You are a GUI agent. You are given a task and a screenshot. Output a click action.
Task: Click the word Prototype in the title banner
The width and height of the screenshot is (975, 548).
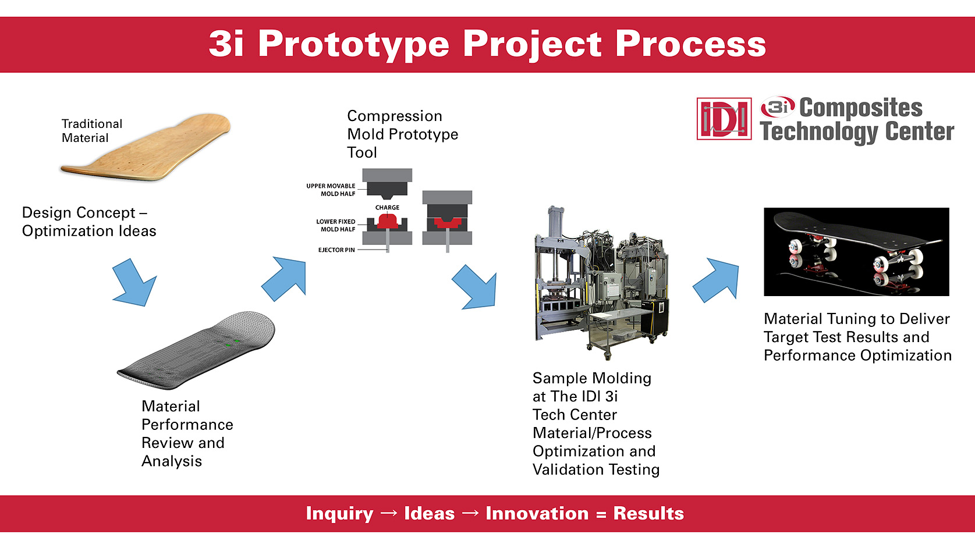(x=353, y=44)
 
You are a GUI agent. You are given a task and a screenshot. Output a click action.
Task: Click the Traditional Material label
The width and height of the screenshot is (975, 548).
(x=91, y=131)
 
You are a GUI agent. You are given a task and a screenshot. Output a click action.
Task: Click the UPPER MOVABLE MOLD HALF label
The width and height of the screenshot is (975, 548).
(x=331, y=190)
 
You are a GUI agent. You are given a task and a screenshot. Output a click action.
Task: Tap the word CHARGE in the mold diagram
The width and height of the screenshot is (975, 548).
(x=387, y=207)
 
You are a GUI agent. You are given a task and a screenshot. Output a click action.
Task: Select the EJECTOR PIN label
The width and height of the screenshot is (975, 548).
(x=336, y=250)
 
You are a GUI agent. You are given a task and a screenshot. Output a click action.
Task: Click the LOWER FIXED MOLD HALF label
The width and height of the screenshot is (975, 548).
(x=335, y=225)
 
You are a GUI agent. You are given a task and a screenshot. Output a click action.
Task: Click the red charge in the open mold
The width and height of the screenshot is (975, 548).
(x=387, y=220)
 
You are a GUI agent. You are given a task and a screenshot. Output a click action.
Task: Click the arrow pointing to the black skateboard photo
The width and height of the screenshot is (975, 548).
(x=717, y=280)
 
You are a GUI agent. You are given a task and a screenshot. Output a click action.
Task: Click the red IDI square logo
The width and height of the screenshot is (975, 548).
(x=724, y=119)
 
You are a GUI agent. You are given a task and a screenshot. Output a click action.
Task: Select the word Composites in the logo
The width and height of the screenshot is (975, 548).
(x=860, y=108)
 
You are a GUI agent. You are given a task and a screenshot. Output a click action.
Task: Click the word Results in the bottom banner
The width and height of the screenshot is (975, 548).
(x=648, y=513)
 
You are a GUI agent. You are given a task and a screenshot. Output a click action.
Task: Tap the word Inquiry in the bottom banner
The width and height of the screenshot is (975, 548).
(x=339, y=513)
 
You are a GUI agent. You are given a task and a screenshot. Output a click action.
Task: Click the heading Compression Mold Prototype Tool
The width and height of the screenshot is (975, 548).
(x=402, y=134)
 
